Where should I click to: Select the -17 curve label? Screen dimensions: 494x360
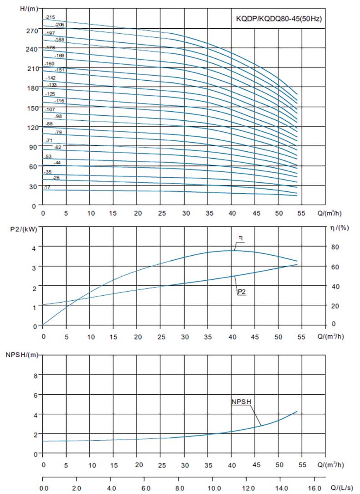tap(47, 187)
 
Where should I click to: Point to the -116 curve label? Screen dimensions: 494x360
tap(59, 101)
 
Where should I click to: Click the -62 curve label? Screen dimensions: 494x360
tap(57, 147)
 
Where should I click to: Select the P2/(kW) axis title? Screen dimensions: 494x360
tap(21, 229)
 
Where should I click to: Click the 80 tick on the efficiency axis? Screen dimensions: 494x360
tap(335, 247)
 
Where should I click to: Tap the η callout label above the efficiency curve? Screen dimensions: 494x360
tap(240, 238)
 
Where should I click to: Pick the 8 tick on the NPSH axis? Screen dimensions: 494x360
tap(34, 376)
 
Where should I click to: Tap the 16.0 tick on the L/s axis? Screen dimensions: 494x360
tap(314, 487)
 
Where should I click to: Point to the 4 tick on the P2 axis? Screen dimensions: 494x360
tap(34, 247)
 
